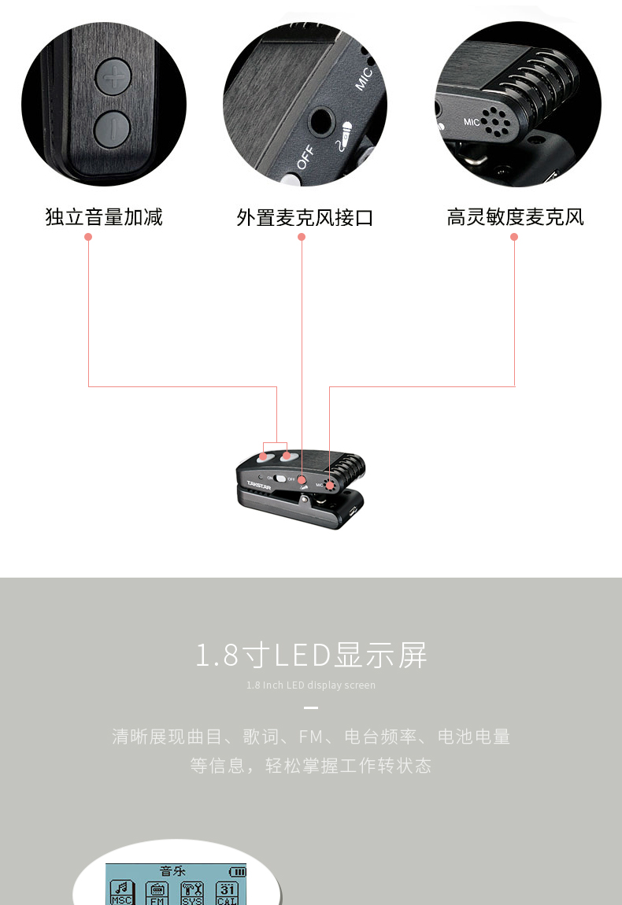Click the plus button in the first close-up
point(115,77)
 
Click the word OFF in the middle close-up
point(306,157)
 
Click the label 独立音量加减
point(104,217)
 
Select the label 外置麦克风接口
point(305,217)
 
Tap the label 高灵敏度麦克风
point(515,217)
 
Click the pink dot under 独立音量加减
point(88,236)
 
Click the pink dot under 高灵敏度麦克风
point(515,236)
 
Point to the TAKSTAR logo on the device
point(259,483)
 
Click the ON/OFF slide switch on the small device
point(280,478)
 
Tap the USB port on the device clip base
point(352,511)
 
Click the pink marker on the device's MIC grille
point(329,486)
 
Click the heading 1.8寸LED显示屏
point(311,655)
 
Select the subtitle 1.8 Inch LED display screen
point(311,685)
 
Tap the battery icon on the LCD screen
point(237,872)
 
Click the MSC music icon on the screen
point(122,892)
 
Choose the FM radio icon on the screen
point(157,892)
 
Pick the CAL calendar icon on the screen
point(228,892)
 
